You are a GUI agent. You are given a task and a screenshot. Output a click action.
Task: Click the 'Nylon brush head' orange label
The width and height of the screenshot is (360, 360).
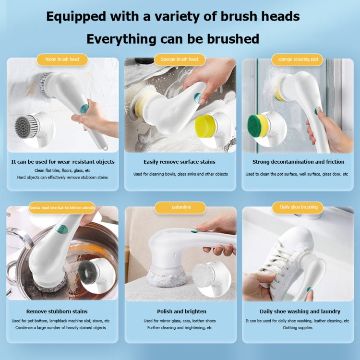(x=62, y=60)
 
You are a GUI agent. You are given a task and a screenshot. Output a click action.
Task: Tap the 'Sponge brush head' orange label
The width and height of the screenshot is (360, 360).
(x=180, y=60)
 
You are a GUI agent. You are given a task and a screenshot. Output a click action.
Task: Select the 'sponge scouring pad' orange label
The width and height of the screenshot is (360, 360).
(x=297, y=60)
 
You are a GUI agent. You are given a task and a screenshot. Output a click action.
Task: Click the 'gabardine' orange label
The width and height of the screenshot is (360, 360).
(x=180, y=208)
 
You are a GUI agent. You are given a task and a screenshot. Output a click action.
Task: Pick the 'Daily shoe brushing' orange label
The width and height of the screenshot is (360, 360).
(x=299, y=207)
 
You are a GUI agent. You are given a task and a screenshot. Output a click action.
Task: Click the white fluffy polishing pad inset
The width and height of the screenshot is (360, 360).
(x=205, y=274)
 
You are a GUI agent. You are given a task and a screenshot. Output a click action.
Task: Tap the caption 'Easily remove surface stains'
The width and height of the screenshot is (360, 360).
(x=180, y=162)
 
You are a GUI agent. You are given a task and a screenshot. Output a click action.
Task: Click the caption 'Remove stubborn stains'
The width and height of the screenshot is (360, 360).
(x=57, y=312)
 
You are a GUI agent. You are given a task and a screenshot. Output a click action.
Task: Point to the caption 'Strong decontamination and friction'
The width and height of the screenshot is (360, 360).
(x=297, y=162)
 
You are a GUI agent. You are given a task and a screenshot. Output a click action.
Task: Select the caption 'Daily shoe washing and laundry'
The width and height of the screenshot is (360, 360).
(x=300, y=312)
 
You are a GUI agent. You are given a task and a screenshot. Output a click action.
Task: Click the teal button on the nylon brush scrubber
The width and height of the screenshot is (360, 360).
(x=84, y=109)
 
